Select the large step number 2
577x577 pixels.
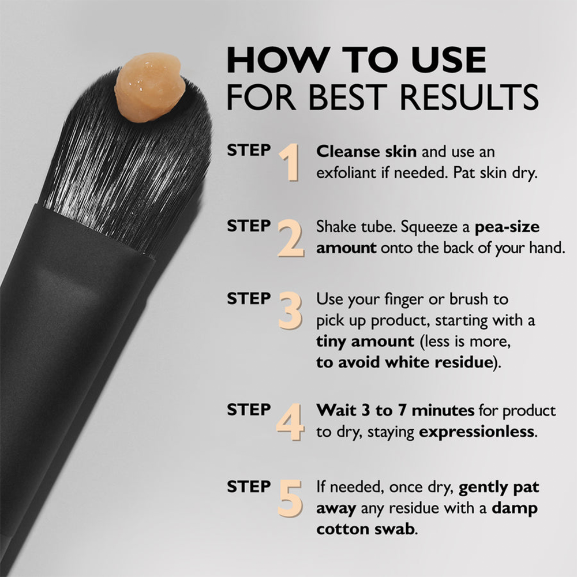pos(291,238)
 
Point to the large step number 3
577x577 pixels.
pos(290,312)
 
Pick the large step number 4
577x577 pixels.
pos(290,422)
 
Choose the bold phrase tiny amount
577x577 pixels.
pos(365,341)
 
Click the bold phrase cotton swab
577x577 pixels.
pos(365,529)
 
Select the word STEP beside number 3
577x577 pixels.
pos(249,299)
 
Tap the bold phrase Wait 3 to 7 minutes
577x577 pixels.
pos(395,410)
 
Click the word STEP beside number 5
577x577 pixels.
pos(249,486)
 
